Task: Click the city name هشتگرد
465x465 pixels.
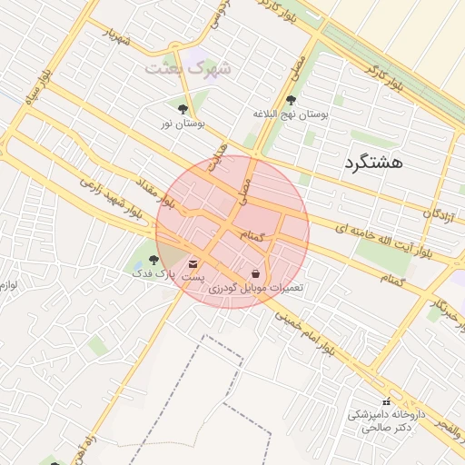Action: pyautogui.click(x=372, y=163)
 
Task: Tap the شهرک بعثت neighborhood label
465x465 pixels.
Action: pyautogui.click(x=188, y=68)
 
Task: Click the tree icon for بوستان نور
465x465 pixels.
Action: pyautogui.click(x=183, y=109)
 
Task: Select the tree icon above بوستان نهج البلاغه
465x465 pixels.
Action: pyautogui.click(x=292, y=100)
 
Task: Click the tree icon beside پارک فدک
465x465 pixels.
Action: pyautogui.click(x=153, y=260)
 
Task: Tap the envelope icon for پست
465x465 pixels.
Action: pyautogui.click(x=193, y=262)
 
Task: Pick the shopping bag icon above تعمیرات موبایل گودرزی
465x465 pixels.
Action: pyautogui.click(x=255, y=273)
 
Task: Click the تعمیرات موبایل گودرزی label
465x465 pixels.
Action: pyautogui.click(x=256, y=288)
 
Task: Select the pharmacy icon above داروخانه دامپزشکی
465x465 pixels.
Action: pyautogui.click(x=386, y=401)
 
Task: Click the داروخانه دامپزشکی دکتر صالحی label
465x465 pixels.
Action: pyautogui.click(x=381, y=420)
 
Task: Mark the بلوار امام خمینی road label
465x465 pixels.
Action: pyautogui.click(x=310, y=332)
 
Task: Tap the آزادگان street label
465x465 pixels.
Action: pyautogui.click(x=440, y=213)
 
